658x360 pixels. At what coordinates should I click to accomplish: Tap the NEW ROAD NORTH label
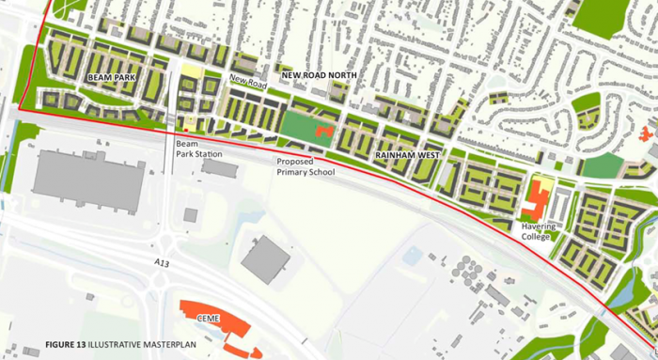pos(318,72)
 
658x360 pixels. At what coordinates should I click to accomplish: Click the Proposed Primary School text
pos(305,167)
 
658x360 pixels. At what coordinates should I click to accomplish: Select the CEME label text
pos(208,319)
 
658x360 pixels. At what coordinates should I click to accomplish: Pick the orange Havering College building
pos(538,199)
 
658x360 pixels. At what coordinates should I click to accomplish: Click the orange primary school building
pos(323,132)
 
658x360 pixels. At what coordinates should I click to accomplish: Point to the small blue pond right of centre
pos(411,255)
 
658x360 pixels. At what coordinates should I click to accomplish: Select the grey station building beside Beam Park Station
pos(219,167)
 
